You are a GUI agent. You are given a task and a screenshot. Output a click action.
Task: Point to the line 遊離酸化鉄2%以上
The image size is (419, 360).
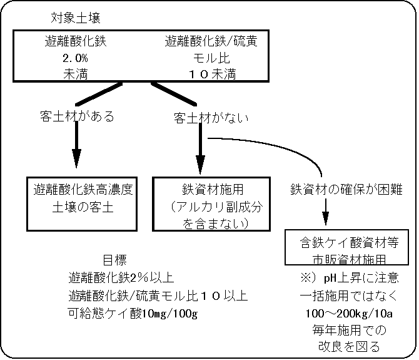coord(121,279)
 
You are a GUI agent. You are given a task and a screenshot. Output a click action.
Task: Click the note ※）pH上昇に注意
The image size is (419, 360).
coord(349,276)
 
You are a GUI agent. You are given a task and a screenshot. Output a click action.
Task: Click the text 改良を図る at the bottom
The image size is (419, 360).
coord(349,346)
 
